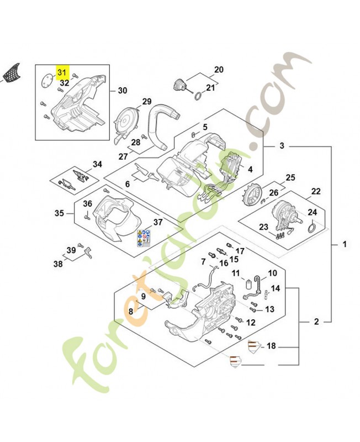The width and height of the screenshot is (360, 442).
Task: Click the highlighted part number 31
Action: pyautogui.click(x=61, y=72)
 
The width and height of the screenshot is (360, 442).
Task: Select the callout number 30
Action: pyautogui.click(x=123, y=91)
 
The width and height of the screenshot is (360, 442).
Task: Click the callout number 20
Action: pyautogui.click(x=219, y=70)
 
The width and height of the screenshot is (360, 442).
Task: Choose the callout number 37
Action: pyautogui.click(x=158, y=222)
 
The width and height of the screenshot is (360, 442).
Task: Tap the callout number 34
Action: pyautogui.click(x=97, y=164)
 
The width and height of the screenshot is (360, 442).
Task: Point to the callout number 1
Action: pyautogui.click(x=345, y=244)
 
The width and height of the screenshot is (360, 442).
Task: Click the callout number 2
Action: pyautogui.click(x=317, y=321)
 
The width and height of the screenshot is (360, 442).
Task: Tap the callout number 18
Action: pyautogui.click(x=271, y=346)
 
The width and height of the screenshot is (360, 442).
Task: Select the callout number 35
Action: pyautogui.click(x=59, y=213)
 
